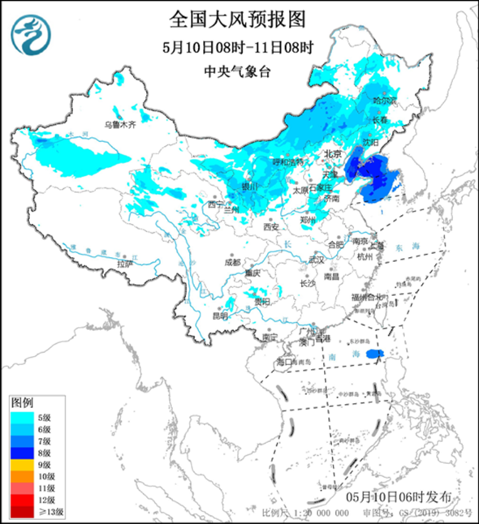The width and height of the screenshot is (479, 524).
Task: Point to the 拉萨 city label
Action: [x=123, y=264]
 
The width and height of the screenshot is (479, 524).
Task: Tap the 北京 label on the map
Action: [x=333, y=153]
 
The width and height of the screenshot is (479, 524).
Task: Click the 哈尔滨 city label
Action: [x=385, y=101]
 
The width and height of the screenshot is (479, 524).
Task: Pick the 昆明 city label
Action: [x=221, y=316]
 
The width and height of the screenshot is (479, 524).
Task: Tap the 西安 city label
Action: [x=270, y=226]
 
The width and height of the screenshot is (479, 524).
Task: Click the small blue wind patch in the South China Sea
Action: [x=374, y=354]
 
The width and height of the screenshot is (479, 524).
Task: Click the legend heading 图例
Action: [x=24, y=402]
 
